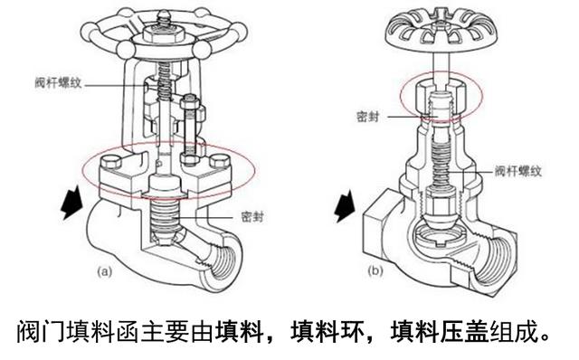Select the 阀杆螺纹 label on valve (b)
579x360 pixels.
(x=514, y=169)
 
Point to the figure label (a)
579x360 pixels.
(x=106, y=270)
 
